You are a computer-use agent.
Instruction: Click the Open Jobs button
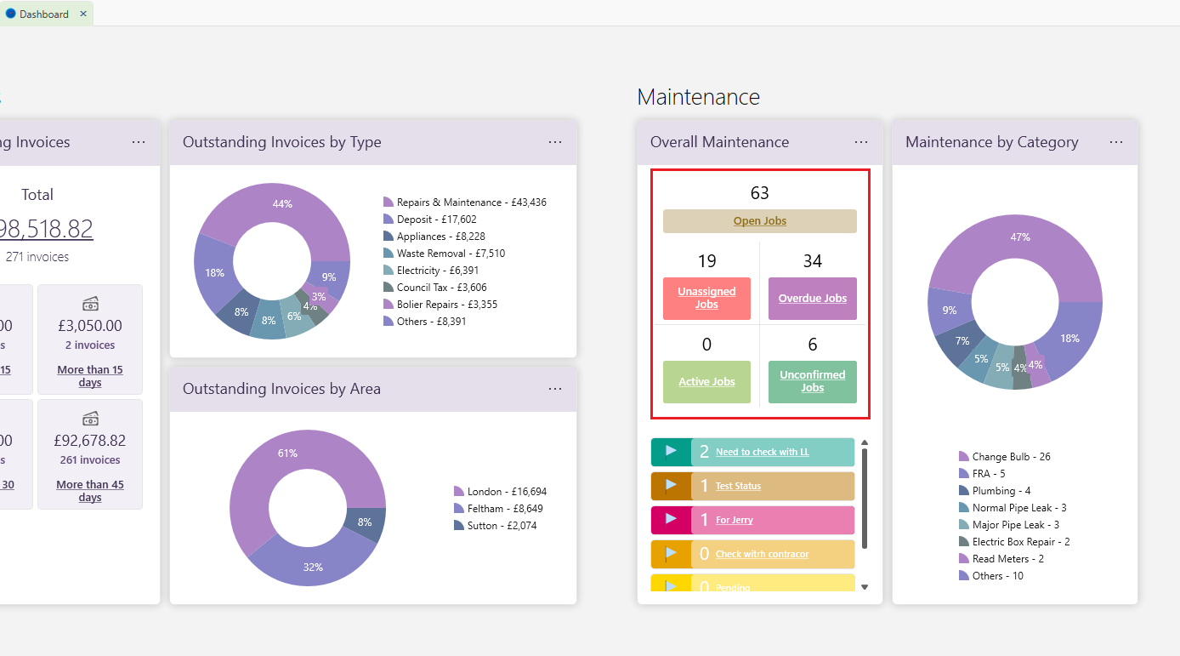point(759,221)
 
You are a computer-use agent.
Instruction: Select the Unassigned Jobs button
point(706,298)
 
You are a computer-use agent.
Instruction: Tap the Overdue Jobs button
point(812,298)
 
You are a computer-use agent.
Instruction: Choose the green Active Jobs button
point(706,382)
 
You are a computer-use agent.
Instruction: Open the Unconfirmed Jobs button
point(812,381)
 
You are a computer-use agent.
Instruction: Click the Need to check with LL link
point(762,452)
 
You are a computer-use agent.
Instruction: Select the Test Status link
point(738,486)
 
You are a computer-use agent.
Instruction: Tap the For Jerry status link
point(734,520)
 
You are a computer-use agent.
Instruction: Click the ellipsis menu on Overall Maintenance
point(861,142)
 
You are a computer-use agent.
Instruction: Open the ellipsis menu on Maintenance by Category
point(1116,142)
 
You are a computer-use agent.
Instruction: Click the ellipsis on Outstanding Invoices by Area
point(555,389)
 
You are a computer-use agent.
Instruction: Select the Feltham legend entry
point(505,509)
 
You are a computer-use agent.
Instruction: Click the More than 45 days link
point(90,491)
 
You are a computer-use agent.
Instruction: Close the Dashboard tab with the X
point(83,14)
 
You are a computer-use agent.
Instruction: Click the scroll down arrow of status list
point(865,587)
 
